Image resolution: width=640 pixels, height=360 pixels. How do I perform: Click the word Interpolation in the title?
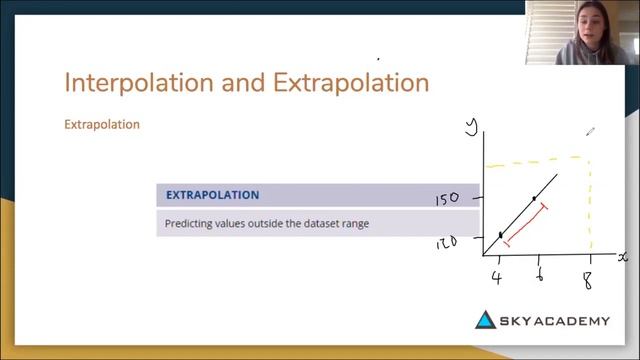(x=130, y=82)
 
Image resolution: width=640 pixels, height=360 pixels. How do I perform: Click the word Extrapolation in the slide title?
(x=351, y=82)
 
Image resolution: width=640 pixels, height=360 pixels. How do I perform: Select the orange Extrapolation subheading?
(x=101, y=125)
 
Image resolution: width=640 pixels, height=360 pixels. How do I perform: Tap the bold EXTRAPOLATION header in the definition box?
(x=212, y=195)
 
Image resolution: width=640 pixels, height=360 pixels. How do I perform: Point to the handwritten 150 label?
(x=446, y=199)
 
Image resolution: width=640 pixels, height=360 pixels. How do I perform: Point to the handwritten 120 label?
(x=446, y=241)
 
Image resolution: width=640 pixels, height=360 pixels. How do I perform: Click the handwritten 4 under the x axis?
(x=497, y=277)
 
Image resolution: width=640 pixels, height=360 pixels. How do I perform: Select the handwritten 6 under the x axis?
(x=539, y=276)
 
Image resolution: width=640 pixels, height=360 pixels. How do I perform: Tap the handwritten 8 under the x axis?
(x=588, y=279)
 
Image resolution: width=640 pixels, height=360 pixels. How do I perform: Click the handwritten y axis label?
(x=474, y=125)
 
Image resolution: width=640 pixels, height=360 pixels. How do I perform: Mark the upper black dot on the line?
(x=534, y=198)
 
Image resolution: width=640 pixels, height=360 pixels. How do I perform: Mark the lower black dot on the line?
(x=501, y=235)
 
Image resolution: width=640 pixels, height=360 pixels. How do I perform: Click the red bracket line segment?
(x=526, y=225)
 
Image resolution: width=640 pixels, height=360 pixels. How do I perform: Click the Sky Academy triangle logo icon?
(x=485, y=320)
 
